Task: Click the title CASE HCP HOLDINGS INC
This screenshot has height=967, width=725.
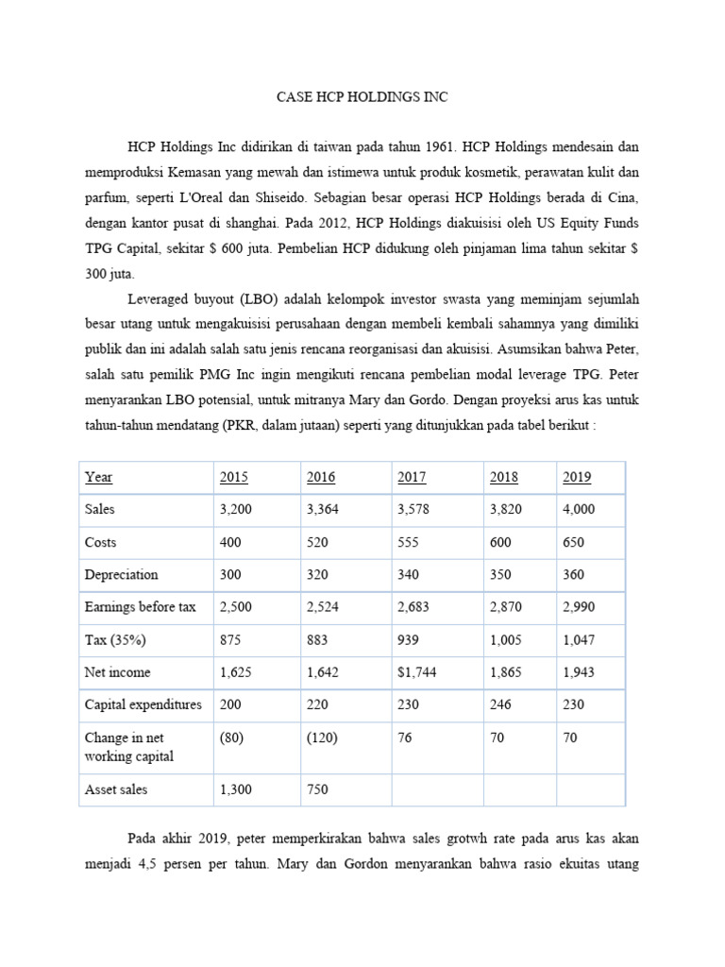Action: point(362,97)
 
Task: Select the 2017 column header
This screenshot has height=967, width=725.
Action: point(412,477)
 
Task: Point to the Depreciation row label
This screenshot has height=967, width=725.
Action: point(121,574)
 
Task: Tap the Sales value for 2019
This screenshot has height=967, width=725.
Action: point(580,509)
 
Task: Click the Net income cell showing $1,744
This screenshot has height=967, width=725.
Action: point(417,672)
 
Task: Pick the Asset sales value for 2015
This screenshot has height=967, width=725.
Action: point(236,789)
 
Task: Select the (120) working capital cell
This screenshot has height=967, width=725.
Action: point(323,737)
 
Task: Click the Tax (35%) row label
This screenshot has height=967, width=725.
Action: point(117,639)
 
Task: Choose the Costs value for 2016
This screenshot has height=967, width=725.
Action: point(321,542)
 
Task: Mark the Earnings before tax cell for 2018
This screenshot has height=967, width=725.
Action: point(506,606)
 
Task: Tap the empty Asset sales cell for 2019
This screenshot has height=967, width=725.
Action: point(589,789)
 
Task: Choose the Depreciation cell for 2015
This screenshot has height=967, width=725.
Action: point(231,574)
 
